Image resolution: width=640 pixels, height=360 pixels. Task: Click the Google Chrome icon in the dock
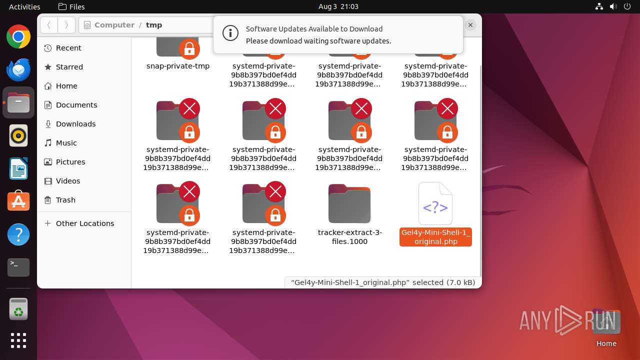pyautogui.click(x=18, y=37)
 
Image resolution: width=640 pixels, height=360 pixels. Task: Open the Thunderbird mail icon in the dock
pyautogui.click(x=18, y=69)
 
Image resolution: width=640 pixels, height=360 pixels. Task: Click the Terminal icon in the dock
pyautogui.click(x=18, y=267)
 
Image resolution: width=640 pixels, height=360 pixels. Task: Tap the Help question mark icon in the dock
pyautogui.click(x=18, y=234)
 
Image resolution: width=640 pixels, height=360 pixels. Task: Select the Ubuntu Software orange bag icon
pyautogui.click(x=18, y=201)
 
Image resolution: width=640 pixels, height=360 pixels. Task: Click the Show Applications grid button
pyautogui.click(x=18, y=340)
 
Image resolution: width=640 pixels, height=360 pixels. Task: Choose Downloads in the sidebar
pyautogui.click(x=75, y=124)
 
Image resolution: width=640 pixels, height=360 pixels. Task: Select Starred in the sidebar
pyautogui.click(x=69, y=67)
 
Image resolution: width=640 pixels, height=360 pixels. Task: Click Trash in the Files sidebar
pyautogui.click(x=65, y=200)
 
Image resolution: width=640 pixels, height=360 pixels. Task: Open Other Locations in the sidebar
pyautogui.click(x=84, y=223)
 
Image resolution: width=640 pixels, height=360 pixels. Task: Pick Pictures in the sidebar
pyautogui.click(x=70, y=162)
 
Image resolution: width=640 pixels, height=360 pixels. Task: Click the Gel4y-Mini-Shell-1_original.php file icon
pyautogui.click(x=435, y=204)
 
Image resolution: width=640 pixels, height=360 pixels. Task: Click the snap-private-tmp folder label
pyautogui.click(x=178, y=66)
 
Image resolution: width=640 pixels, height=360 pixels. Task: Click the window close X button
pyautogui.click(x=470, y=24)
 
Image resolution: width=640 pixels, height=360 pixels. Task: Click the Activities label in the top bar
pyautogui.click(x=24, y=6)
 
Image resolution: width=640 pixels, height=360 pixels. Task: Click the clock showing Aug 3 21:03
pyautogui.click(x=338, y=6)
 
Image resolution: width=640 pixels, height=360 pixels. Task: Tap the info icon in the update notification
pyautogui.click(x=230, y=33)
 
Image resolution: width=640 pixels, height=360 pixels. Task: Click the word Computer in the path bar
pyautogui.click(x=114, y=25)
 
